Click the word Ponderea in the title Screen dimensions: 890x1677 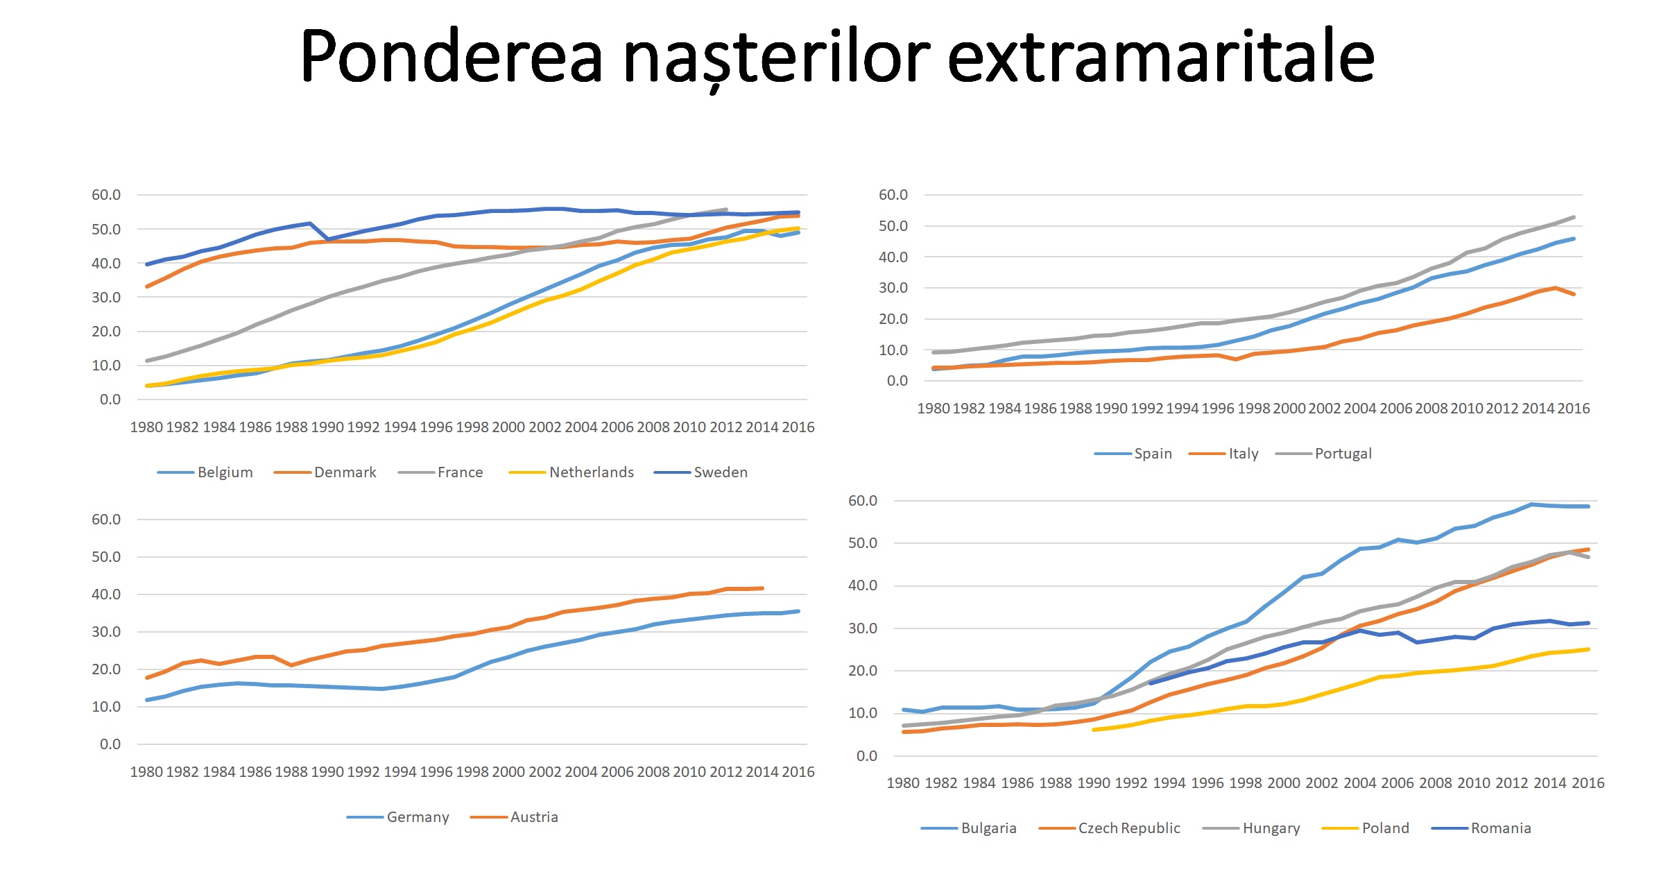451,57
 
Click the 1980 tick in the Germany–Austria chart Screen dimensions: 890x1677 146,772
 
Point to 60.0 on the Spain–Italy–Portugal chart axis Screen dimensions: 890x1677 893,195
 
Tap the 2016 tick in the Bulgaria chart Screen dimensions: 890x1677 1588,783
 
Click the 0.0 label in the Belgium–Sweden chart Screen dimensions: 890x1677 110,400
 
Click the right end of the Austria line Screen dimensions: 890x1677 762,588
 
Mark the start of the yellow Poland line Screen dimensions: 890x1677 1094,730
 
